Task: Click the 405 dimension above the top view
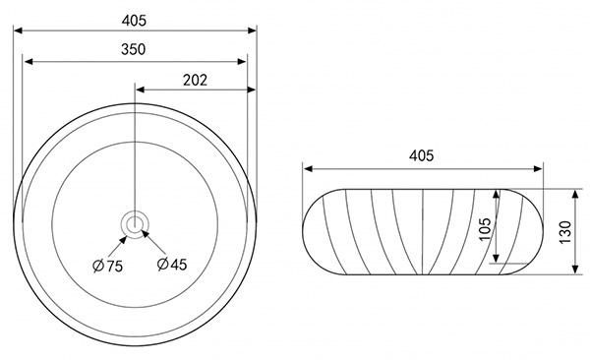tap(134, 21)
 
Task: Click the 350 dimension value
tap(133, 49)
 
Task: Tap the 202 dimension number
tap(195, 80)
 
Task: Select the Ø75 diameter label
tap(107, 266)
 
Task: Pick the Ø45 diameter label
tap(172, 265)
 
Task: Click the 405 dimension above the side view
tap(422, 155)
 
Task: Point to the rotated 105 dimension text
tap(486, 228)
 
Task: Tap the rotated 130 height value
tap(565, 232)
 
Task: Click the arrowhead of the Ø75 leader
tap(123, 240)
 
